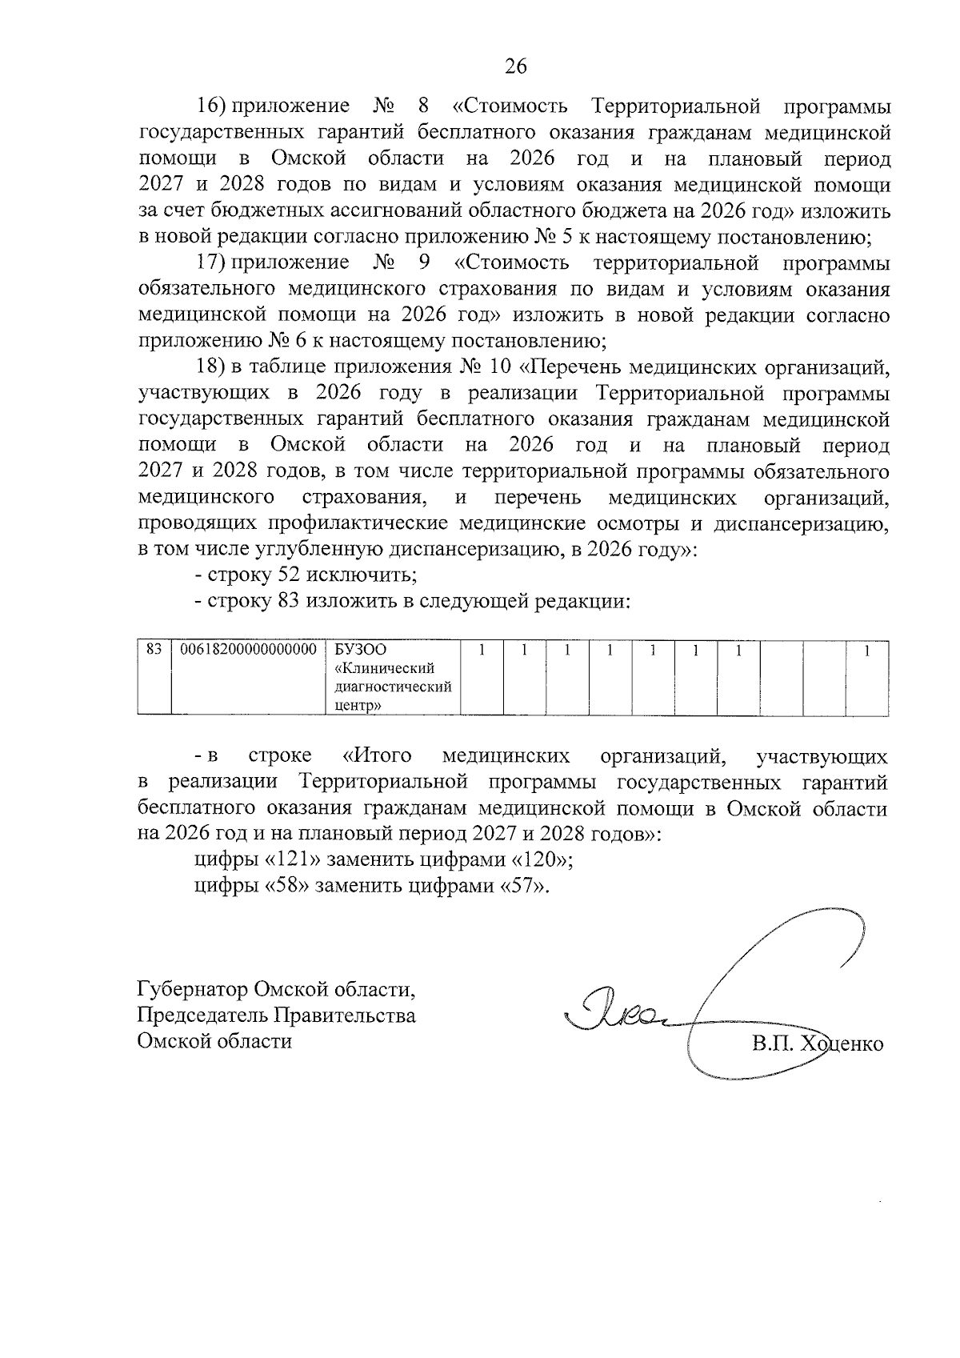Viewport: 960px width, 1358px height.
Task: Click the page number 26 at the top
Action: (x=516, y=66)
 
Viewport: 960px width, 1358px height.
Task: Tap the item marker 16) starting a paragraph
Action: (x=214, y=106)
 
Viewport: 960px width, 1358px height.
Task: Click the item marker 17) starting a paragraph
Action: (x=214, y=262)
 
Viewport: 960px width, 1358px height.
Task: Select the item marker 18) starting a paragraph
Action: (x=214, y=367)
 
